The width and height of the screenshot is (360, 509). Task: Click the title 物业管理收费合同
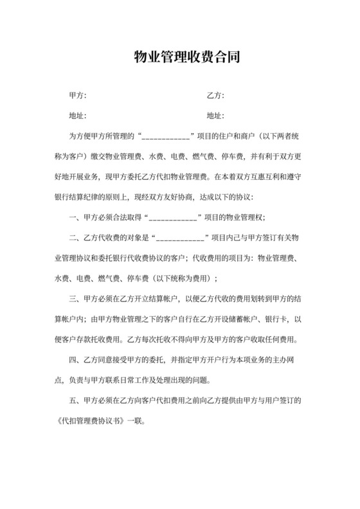click(180, 58)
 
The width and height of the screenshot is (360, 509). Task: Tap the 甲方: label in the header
click(76, 96)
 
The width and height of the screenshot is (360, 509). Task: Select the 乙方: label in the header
click(215, 96)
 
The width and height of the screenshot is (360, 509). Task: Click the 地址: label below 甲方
click(76, 116)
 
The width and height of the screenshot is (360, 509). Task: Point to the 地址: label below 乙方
click(215, 116)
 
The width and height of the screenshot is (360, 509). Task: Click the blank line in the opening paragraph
click(164, 137)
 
